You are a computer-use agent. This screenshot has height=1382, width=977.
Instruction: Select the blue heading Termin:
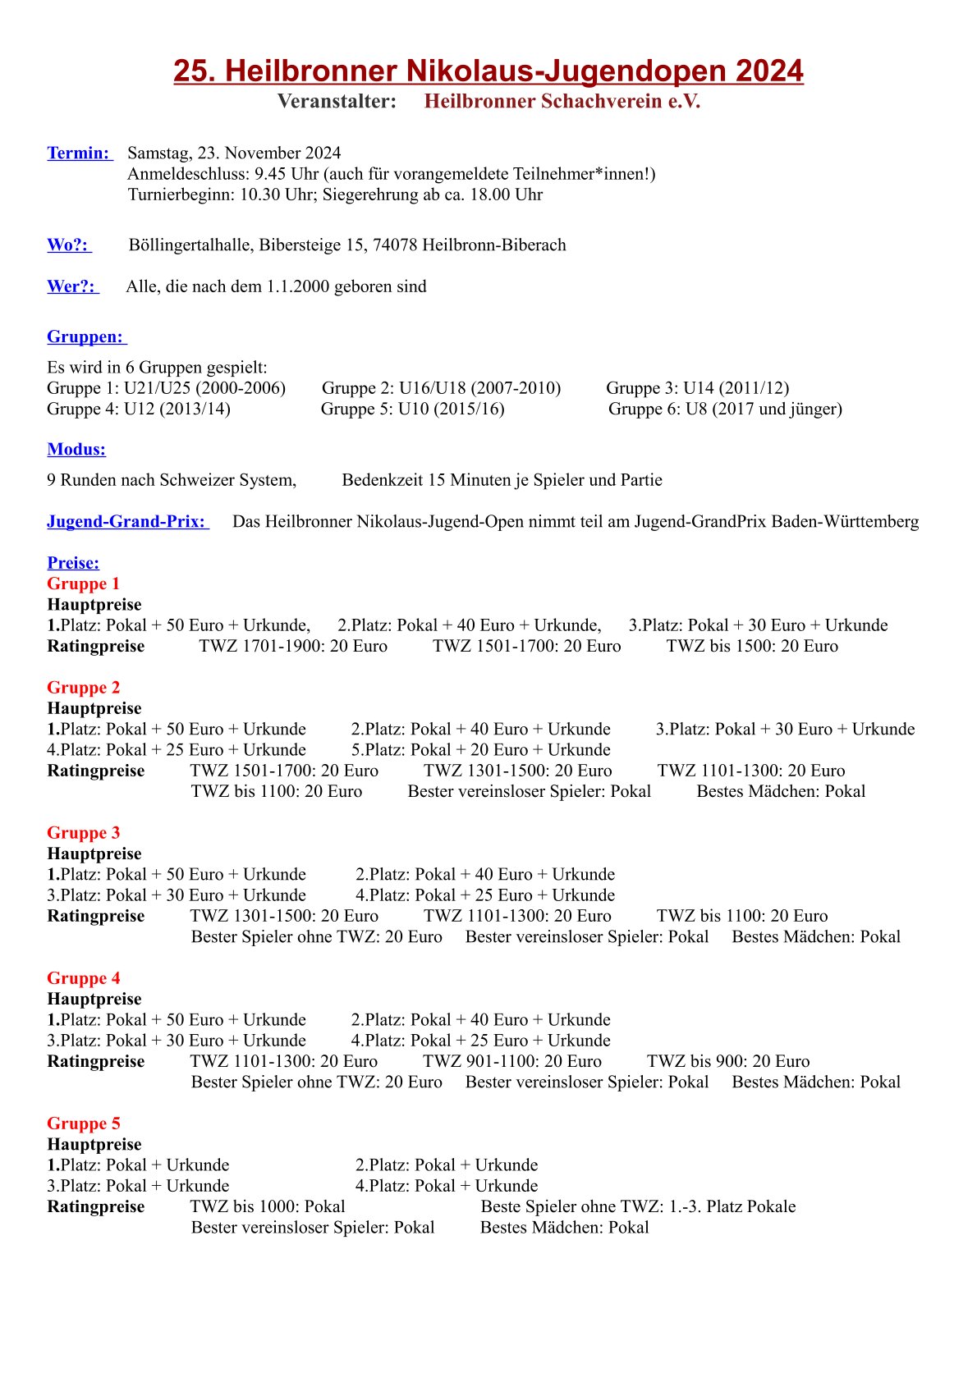pos(78,153)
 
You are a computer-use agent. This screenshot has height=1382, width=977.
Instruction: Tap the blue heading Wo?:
pos(67,245)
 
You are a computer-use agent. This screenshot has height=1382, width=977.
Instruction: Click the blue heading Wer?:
pos(71,286)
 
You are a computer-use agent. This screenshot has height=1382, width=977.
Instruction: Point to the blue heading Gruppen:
pos(85,337)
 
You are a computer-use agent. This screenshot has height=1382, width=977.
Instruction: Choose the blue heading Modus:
pos(76,450)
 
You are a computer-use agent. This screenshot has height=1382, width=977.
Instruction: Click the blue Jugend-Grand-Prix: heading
pos(126,522)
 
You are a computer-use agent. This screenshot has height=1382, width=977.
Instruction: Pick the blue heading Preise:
pos(73,563)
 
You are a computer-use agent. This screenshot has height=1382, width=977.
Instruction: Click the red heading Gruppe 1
pos(83,583)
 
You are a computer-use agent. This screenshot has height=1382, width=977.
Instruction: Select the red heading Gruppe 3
pos(83,833)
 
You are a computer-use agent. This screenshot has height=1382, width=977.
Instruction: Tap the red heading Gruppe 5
pos(83,1123)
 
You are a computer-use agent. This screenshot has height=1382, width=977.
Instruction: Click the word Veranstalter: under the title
pos(337,102)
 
